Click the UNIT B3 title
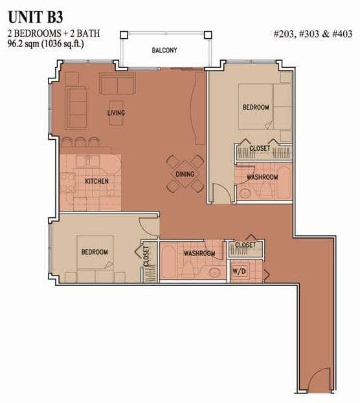36,17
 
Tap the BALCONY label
164,50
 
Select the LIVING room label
116,113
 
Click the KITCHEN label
96,181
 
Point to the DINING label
185,174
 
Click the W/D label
239,271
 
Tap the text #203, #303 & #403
313,34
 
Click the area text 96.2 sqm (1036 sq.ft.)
46,44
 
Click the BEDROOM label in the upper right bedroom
256,107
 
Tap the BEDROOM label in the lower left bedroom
95,252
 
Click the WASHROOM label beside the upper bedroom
262,177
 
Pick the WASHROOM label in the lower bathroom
199,254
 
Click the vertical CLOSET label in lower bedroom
146,256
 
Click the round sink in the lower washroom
214,272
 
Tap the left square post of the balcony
124,35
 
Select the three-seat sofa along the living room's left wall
76,107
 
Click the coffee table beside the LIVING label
116,113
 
